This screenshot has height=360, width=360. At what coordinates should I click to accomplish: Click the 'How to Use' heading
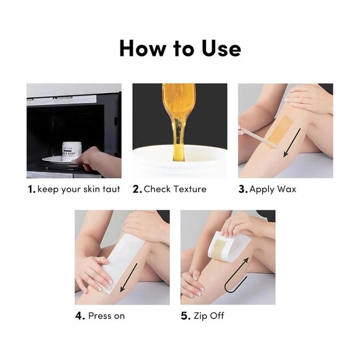180,48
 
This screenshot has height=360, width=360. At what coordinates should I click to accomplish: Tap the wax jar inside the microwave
71,151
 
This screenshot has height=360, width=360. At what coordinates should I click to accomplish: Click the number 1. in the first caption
31,189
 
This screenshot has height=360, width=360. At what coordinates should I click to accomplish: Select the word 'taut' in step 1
110,189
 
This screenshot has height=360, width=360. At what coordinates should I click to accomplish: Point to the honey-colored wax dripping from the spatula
179,118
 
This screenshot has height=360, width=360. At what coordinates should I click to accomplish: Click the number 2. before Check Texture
137,189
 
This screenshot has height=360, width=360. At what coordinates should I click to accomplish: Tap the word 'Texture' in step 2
189,189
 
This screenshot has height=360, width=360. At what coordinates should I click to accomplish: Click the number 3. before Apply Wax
243,189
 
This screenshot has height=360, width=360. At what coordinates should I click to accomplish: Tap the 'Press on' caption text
106,316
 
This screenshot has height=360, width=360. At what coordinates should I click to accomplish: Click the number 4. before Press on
80,316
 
